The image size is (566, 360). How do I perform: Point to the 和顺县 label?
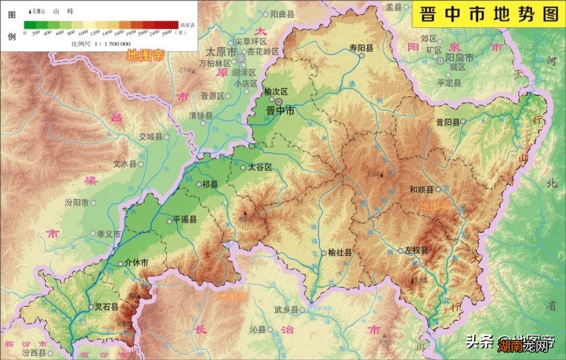tap(421, 190)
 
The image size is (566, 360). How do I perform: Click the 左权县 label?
tap(417, 250)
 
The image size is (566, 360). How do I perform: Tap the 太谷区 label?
tap(260, 167)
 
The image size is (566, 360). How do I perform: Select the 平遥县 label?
tap(185, 221)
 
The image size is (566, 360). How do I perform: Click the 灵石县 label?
tap(107, 307)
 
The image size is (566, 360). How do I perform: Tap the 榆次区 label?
tap(276, 91)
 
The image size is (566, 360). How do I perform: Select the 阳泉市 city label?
tap(459, 57)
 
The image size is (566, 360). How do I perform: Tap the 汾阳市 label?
tap(77, 202)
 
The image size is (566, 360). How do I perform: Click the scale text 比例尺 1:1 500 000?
tap(101, 43)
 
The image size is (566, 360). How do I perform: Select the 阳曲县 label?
tap(281, 15)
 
